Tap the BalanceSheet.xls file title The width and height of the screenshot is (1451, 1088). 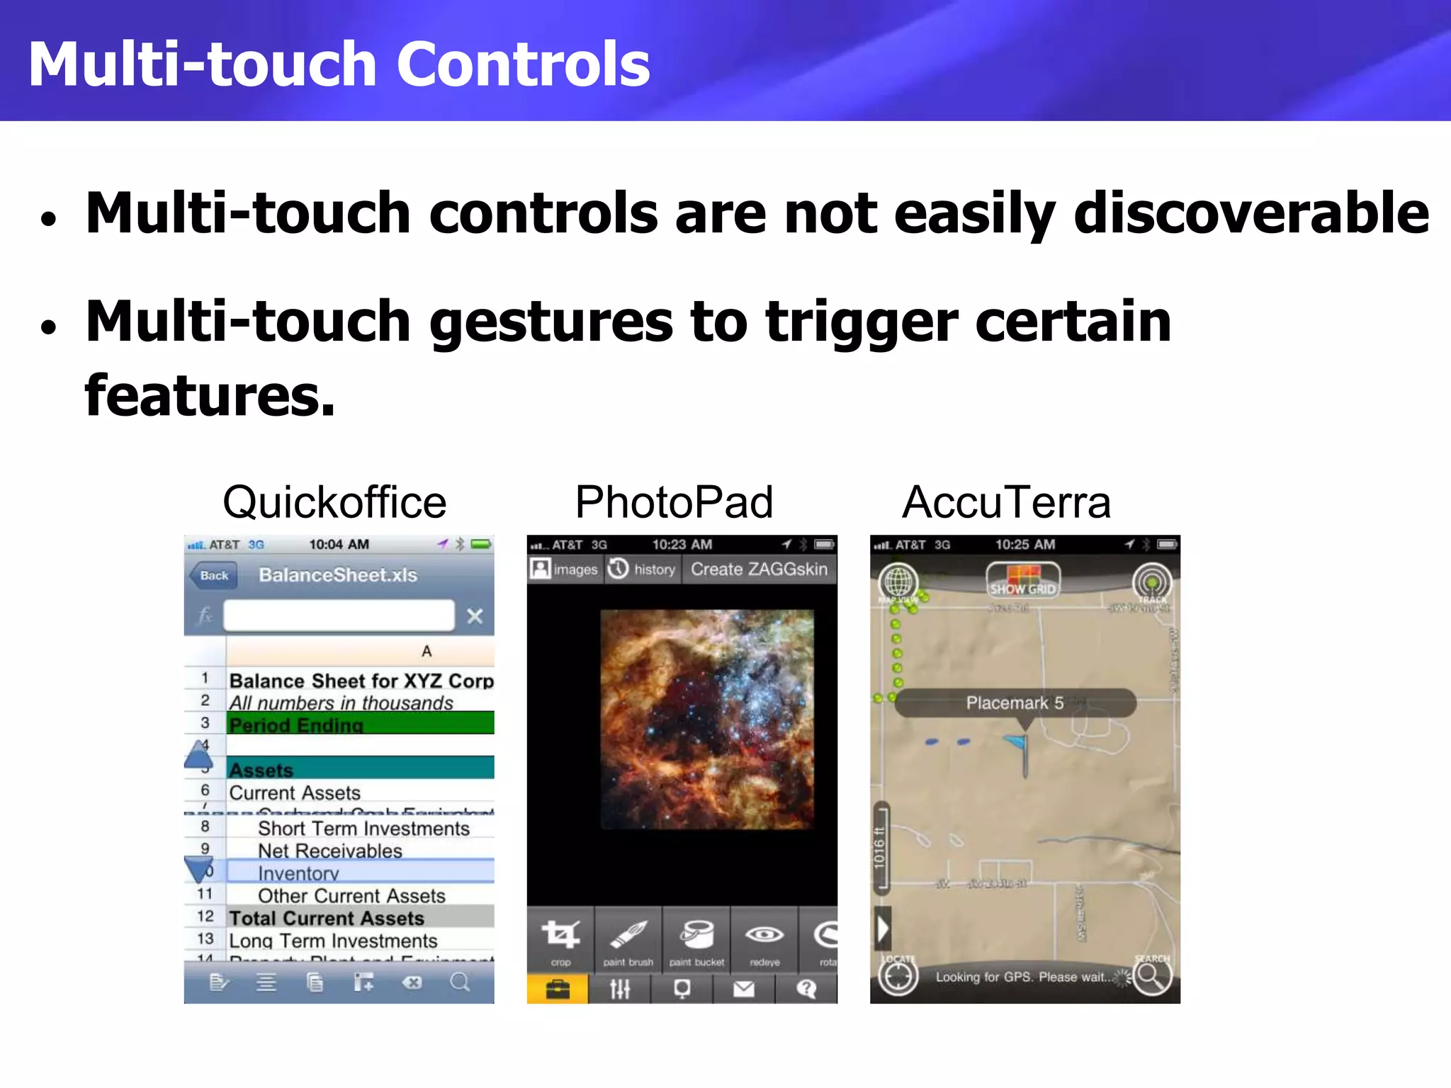338,574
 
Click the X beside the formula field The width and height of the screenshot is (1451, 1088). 475,616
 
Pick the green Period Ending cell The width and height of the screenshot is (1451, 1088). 360,724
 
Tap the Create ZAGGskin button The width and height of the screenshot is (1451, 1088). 759,569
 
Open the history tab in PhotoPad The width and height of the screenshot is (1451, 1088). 643,569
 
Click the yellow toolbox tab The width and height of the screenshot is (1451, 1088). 558,989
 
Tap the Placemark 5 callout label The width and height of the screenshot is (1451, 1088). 1015,703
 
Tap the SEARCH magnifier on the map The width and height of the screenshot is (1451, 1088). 1151,976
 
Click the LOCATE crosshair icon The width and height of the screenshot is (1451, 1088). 898,976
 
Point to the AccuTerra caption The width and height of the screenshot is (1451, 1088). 1006,502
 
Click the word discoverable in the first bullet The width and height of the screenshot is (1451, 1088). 1251,212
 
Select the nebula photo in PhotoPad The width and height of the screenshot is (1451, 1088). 706,718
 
